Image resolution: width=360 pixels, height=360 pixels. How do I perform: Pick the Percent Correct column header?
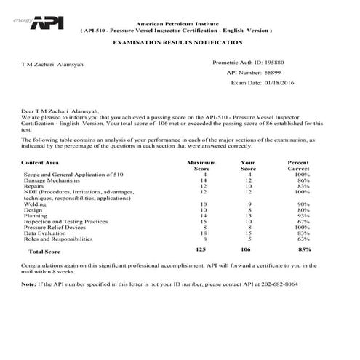pos(298,166)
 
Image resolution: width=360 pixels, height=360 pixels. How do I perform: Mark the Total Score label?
pos(44,251)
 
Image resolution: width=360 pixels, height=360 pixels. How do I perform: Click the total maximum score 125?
pos(202,249)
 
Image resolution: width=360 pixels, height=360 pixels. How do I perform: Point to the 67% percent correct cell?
pos(303,222)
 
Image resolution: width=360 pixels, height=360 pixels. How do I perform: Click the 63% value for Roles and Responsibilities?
pos(303,239)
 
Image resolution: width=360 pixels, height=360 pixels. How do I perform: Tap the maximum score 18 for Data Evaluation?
pos(205,233)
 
